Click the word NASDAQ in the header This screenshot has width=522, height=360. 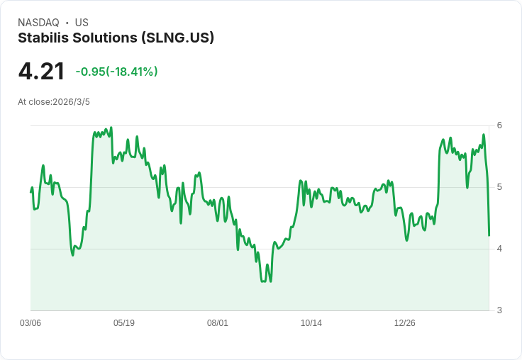(38, 23)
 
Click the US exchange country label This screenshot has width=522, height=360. (82, 23)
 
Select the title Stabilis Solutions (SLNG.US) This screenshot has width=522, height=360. (116, 38)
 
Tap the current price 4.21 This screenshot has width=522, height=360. (41, 72)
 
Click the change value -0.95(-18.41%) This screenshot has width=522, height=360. (116, 72)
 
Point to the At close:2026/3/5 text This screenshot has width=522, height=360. (54, 102)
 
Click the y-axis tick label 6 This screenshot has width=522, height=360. (499, 125)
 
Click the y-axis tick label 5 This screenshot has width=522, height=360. (499, 187)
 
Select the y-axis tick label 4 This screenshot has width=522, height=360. (499, 249)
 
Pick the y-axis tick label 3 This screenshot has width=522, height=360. (499, 310)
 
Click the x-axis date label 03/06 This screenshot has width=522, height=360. (30, 323)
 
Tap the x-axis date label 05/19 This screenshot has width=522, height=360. (124, 323)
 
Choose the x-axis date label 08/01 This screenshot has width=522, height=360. (218, 323)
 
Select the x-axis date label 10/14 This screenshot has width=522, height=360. (311, 323)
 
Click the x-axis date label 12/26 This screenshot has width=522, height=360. (405, 323)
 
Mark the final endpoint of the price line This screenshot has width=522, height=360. (489, 235)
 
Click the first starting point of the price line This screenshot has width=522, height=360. (30, 192)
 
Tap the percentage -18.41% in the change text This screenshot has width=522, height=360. (132, 72)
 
